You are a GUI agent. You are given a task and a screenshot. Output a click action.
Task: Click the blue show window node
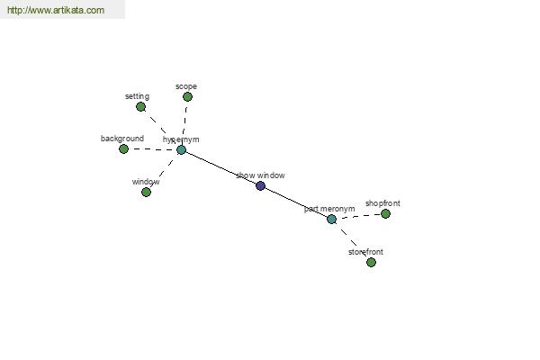(x=261, y=186)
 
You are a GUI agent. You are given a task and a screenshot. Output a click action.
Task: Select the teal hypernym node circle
(x=181, y=150)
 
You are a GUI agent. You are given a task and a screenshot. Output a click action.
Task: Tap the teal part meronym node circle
(x=331, y=219)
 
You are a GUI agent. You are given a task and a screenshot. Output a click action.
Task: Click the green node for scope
(x=187, y=97)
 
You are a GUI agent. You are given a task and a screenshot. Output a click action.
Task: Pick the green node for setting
(x=140, y=107)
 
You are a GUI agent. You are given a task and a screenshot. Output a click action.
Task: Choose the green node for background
(x=123, y=148)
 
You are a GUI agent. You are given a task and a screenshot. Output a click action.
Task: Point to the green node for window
(x=146, y=192)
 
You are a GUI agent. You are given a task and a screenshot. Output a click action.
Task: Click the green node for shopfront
(x=385, y=214)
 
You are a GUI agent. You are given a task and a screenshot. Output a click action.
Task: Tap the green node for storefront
(x=371, y=263)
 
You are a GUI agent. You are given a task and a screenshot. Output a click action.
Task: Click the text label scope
(x=186, y=86)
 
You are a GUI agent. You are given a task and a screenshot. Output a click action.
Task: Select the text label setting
(x=137, y=96)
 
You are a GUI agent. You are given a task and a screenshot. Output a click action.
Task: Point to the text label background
(x=122, y=139)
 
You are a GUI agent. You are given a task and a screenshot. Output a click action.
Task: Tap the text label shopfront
(x=382, y=203)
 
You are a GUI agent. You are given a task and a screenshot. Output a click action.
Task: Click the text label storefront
(x=365, y=252)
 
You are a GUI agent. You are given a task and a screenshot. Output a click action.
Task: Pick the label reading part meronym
(x=329, y=209)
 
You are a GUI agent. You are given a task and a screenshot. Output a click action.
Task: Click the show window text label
(x=260, y=175)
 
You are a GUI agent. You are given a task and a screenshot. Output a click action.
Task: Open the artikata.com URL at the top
(x=56, y=10)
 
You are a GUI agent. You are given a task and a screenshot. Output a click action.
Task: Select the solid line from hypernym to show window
(x=220, y=168)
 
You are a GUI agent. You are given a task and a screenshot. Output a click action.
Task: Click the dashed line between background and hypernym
(x=153, y=149)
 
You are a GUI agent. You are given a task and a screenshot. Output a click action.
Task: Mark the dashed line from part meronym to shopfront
(x=358, y=216)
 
